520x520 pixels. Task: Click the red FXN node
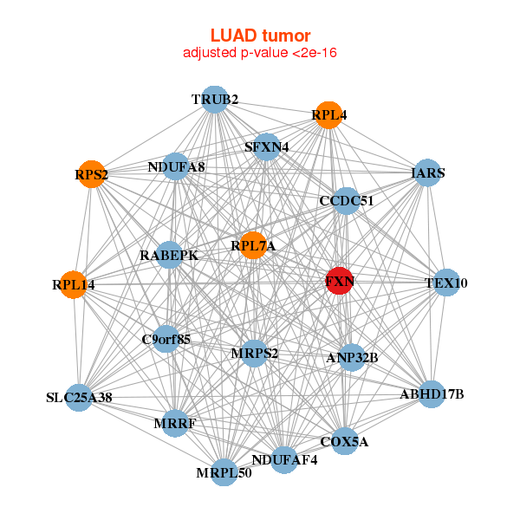click(339, 282)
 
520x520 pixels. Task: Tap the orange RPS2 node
click(91, 175)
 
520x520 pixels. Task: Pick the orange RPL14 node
click(74, 283)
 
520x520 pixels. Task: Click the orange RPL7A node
click(253, 246)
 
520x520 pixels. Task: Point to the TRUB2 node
click(215, 100)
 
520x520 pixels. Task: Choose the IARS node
click(427, 173)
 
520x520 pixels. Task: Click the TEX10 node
click(446, 283)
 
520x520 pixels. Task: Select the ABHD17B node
click(432, 394)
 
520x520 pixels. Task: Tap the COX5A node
click(344, 441)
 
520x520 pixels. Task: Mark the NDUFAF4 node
click(284, 459)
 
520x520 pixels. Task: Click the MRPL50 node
click(224, 472)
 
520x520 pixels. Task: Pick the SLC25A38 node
click(79, 398)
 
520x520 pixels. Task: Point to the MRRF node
click(175, 423)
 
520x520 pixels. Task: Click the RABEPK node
click(169, 256)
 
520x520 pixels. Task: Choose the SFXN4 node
click(267, 146)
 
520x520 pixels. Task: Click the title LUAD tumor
click(260, 36)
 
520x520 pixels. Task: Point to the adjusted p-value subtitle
click(260, 53)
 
